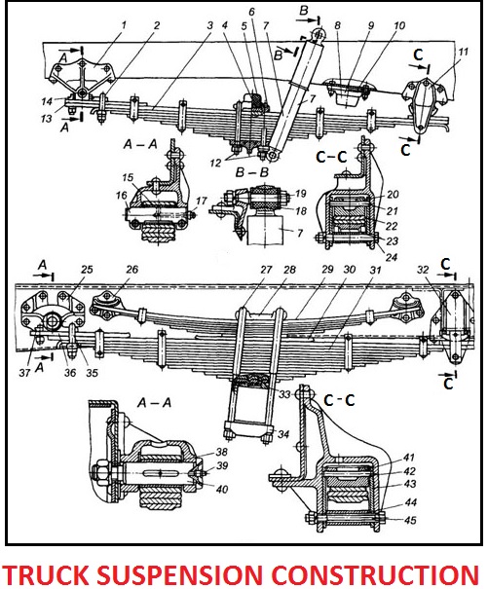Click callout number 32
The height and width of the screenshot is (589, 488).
pyautogui.click(x=422, y=271)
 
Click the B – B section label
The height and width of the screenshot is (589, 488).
pyautogui.click(x=249, y=171)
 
